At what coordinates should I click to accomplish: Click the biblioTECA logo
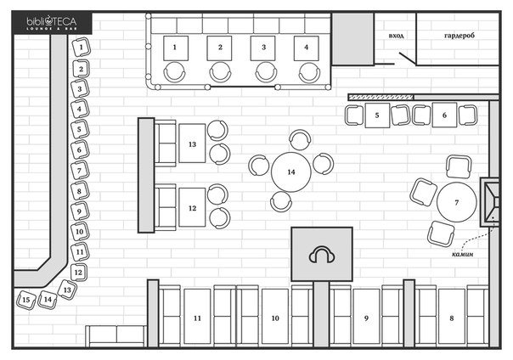point(52,24)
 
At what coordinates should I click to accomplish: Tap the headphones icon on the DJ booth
point(322,255)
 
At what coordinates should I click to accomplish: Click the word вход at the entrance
point(396,36)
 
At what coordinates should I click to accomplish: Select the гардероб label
point(459,36)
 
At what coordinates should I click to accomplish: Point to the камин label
point(462,254)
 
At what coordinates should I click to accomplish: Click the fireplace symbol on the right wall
point(490,202)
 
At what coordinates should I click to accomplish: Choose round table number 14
point(290,172)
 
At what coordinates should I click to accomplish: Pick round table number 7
point(457,202)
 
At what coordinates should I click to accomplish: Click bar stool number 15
point(26,300)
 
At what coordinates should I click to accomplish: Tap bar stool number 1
point(81,48)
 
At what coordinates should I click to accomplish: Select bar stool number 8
point(80,191)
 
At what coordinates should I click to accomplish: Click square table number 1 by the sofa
point(176,48)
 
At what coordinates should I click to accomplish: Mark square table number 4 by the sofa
point(307,48)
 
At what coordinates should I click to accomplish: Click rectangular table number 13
point(192,143)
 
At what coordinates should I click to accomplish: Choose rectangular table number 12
point(192,207)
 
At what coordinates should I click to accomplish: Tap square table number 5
point(377,115)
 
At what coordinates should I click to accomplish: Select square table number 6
point(444,115)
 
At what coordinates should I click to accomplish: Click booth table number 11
point(197,316)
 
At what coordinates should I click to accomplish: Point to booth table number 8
point(452,316)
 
